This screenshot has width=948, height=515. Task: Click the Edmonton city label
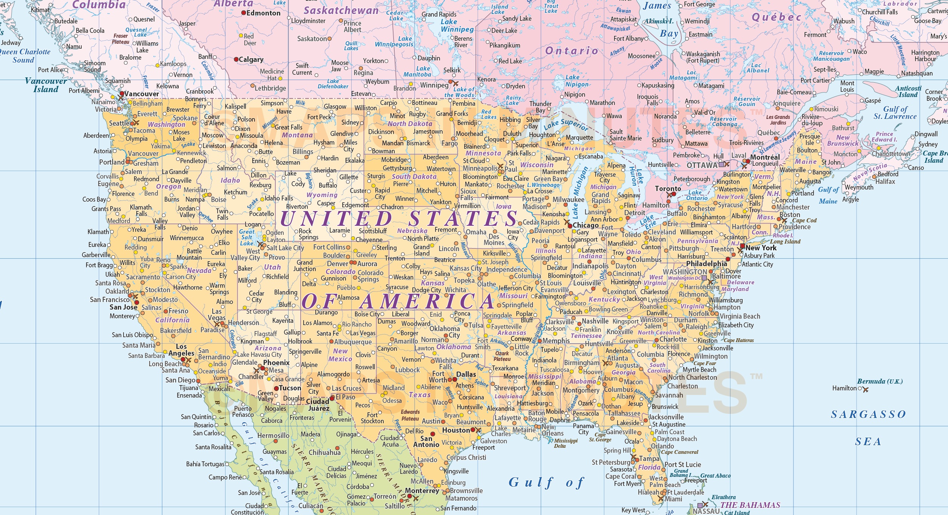pyautogui.click(x=263, y=13)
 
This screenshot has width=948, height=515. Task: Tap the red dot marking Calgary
pyautogui.click(x=236, y=59)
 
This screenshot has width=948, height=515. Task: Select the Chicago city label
pyautogui.click(x=585, y=225)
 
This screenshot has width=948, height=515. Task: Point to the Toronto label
pyautogui.click(x=668, y=188)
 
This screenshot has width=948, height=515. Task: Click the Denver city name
pyautogui.click(x=338, y=264)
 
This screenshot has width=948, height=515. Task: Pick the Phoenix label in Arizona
pyautogui.click(x=276, y=362)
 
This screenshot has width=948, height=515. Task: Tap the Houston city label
pyautogui.click(x=456, y=430)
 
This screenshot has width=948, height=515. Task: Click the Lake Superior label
pyautogui.click(x=566, y=123)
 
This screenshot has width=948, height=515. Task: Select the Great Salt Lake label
pyautogui.click(x=247, y=237)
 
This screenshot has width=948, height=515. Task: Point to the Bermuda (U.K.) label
pyautogui.click(x=880, y=381)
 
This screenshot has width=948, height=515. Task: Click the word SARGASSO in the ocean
pyautogui.click(x=868, y=415)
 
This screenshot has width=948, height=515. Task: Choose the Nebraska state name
pyautogui.click(x=412, y=231)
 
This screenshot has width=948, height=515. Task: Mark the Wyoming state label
pyautogui.click(x=322, y=195)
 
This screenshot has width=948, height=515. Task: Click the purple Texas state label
pyautogui.click(x=420, y=395)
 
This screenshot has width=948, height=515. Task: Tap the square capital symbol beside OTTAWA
pyautogui.click(x=721, y=165)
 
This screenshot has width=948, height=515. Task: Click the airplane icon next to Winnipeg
pyautogui.click(x=455, y=83)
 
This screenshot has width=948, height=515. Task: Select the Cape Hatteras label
pyautogui.click(x=739, y=340)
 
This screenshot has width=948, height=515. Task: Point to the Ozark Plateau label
pyautogui.click(x=502, y=356)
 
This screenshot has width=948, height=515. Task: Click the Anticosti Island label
pyautogui.click(x=908, y=91)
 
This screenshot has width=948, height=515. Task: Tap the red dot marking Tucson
pyautogui.click(x=276, y=388)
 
